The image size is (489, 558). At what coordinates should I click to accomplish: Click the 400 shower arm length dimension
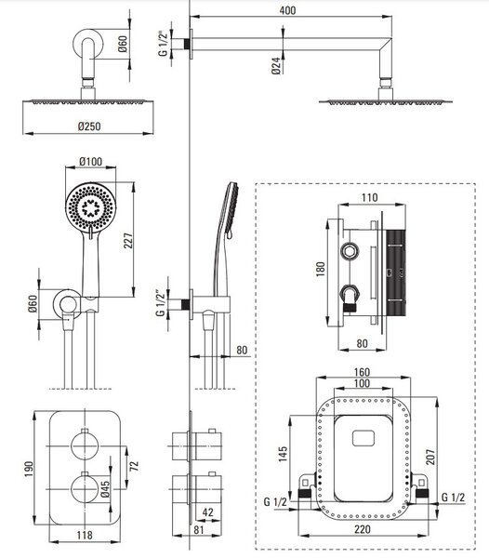[287, 10]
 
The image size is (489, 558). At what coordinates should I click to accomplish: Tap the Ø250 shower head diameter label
[89, 126]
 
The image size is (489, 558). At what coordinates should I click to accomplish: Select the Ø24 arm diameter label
[276, 66]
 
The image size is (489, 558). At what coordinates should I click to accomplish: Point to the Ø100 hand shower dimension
[91, 161]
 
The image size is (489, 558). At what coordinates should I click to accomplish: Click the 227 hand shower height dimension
[128, 240]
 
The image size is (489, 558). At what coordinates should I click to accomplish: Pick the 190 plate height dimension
[29, 469]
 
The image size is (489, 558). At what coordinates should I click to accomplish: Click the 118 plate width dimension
[85, 536]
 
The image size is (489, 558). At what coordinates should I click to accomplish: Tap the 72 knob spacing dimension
[134, 466]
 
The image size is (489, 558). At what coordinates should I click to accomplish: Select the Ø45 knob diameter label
[105, 488]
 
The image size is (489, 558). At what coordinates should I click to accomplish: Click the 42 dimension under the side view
[207, 512]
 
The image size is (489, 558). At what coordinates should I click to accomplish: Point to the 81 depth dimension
[199, 529]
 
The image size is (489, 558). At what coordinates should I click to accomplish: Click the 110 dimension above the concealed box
[369, 197]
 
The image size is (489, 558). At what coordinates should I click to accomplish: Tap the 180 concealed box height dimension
[320, 269]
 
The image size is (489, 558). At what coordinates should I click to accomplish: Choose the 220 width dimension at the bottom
[363, 529]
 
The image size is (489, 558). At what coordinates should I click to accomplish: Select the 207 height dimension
[430, 457]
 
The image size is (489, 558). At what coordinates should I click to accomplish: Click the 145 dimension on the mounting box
[283, 454]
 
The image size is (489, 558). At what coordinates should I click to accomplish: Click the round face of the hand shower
[91, 206]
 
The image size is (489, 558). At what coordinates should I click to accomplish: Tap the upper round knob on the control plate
[85, 445]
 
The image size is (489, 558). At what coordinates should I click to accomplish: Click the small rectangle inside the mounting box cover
[363, 438]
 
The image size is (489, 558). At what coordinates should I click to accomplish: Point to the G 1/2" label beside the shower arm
[163, 45]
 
